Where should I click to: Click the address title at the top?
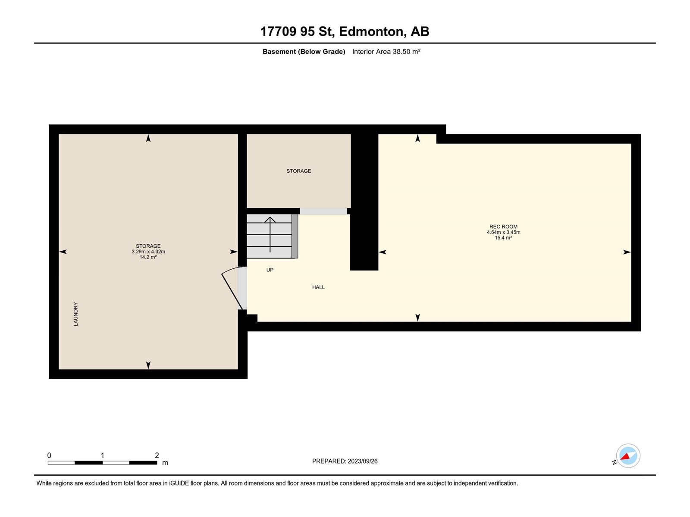(345, 31)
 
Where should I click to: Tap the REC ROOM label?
(503, 227)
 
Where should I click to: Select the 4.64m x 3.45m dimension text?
(503, 232)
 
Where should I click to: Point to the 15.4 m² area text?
(503, 238)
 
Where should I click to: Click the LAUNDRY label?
(76, 314)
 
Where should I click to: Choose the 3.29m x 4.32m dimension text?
(148, 252)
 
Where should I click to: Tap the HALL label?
(318, 287)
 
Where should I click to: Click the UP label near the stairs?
(270, 270)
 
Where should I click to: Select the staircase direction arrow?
(270, 234)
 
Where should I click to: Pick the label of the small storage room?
(298, 171)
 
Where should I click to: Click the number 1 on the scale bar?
(102, 455)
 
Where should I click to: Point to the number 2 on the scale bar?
(157, 455)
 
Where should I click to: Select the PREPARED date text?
(345, 461)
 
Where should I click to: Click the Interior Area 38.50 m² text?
(386, 51)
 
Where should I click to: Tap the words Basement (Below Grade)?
(304, 51)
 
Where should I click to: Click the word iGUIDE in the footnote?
(179, 483)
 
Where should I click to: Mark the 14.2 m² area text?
(148, 257)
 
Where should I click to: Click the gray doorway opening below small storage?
(323, 211)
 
